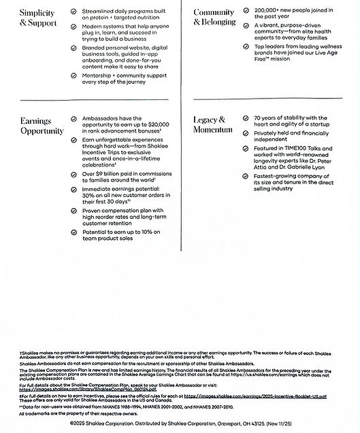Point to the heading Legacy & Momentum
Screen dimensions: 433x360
point(212,124)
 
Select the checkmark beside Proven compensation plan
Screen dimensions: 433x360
point(73,211)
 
